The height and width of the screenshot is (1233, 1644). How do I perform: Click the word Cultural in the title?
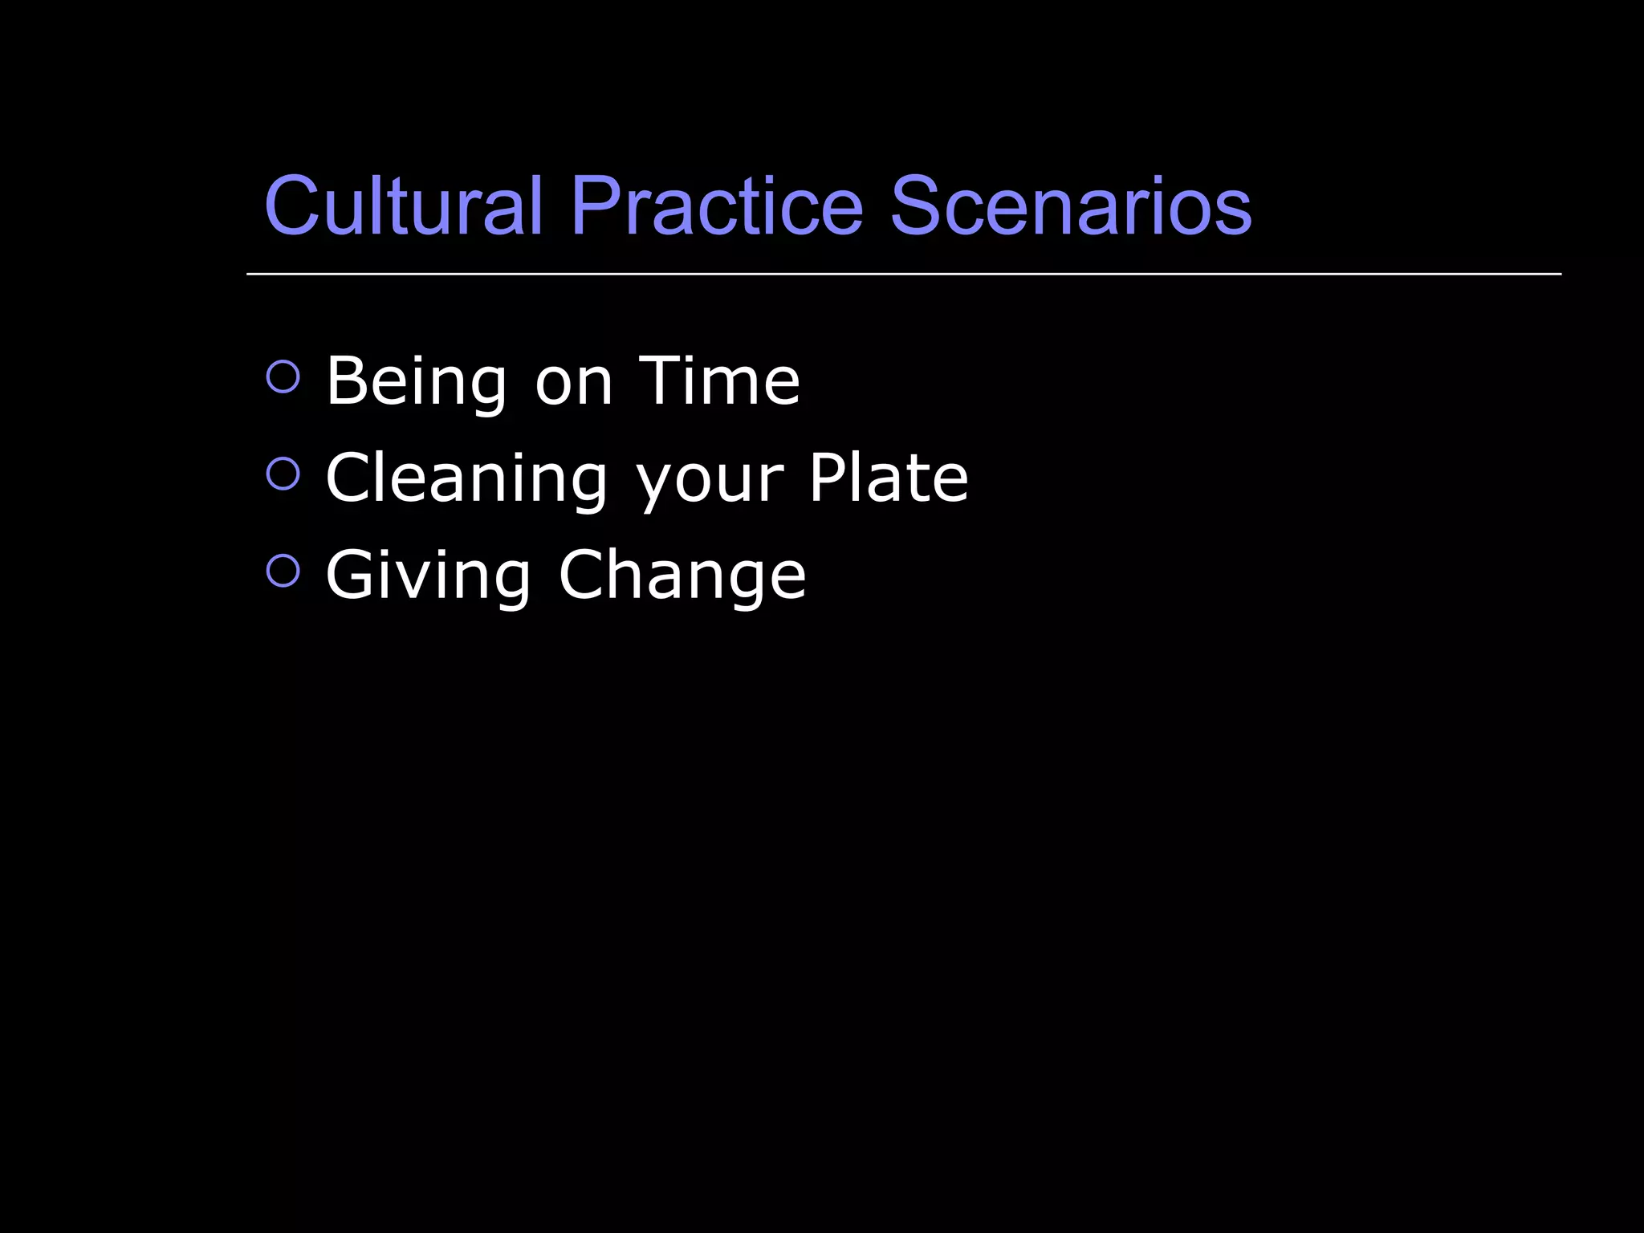point(404,206)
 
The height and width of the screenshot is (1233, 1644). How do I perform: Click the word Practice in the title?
point(717,206)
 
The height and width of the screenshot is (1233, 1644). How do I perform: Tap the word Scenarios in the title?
point(1071,206)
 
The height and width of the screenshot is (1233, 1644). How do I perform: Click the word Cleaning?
point(466,479)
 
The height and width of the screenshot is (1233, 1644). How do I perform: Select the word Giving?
point(428,576)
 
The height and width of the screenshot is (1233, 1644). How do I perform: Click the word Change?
point(682,576)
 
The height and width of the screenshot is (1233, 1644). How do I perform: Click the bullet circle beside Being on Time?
point(283,376)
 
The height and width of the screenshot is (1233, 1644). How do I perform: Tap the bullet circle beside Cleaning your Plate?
point(283,474)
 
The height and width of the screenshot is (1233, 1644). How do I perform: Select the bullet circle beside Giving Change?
point(283,571)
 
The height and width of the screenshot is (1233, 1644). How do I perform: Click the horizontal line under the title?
point(904,274)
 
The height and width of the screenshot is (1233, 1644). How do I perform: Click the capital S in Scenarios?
point(918,206)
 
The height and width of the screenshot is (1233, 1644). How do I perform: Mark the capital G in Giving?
point(354,574)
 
